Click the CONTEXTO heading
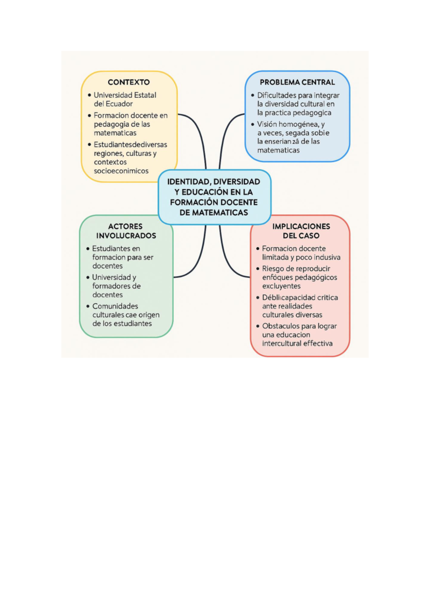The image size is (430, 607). point(129,82)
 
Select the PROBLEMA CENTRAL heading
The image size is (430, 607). point(297,82)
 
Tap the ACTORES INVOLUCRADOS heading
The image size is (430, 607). point(126,231)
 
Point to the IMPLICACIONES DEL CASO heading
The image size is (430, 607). point(301,231)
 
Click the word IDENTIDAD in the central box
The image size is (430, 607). point(188,182)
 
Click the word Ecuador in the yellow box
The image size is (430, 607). point(119,104)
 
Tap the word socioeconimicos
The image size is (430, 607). point(121,171)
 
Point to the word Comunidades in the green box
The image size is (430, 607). point(115,306)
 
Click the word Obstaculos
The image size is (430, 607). point(281,326)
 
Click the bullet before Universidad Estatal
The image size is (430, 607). point(89,95)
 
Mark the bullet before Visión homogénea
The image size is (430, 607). point(253,125)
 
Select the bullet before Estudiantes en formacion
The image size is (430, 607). point(88,248)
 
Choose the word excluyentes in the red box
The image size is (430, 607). point(281,286)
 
